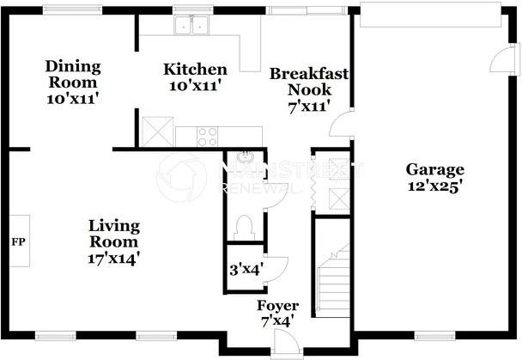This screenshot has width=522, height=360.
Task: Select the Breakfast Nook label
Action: tap(309, 82)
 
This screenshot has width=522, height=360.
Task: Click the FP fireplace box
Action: tap(17, 241)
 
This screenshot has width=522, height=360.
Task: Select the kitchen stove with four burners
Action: tap(208, 136)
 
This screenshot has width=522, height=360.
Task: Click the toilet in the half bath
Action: tap(245, 227)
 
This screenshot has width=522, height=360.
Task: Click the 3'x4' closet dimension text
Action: tap(246, 268)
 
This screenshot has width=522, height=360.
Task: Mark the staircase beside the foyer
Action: tap(331, 275)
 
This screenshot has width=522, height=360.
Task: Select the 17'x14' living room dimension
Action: tap(113, 256)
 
